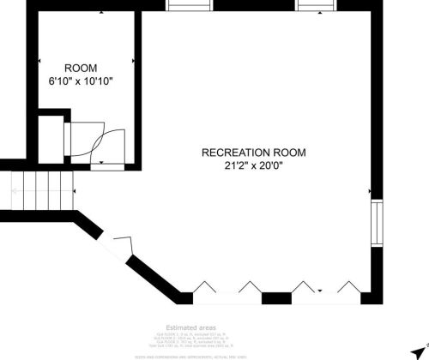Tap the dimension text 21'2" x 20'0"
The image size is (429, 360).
(x=253, y=165)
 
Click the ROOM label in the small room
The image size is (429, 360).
(x=82, y=68)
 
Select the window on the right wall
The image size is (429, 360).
(x=375, y=222)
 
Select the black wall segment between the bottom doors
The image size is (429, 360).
(x=276, y=298)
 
